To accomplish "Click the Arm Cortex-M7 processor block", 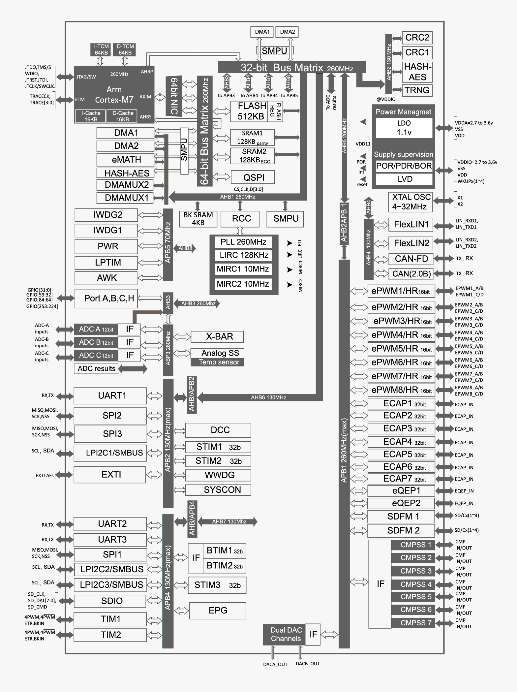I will click(x=114, y=94).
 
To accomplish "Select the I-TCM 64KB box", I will click(x=101, y=49).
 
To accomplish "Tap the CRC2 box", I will click(x=417, y=38).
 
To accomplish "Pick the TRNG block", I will click(x=417, y=90).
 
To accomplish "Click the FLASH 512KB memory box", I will click(x=252, y=111).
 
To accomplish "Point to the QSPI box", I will click(x=253, y=177).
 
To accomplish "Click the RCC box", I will click(x=241, y=219).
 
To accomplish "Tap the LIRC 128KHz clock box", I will click(x=244, y=255).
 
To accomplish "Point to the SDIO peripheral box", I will click(x=110, y=601).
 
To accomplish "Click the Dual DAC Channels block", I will click(x=285, y=634).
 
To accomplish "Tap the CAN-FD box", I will click(x=411, y=259).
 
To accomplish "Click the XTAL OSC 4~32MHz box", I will click(x=411, y=202).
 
